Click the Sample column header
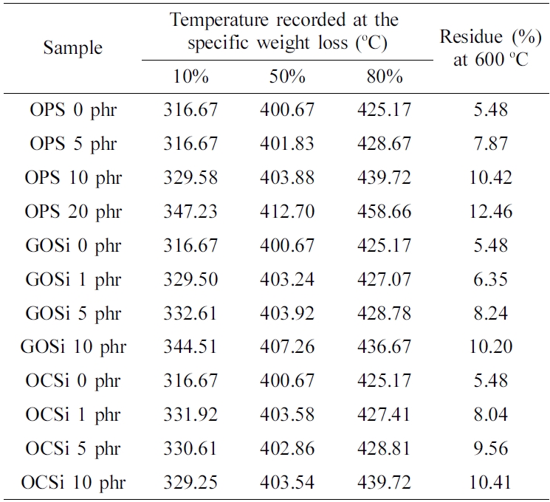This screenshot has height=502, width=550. click(x=73, y=49)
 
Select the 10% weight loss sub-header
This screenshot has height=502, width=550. click(x=190, y=77)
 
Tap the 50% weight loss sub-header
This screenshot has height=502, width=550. click(x=287, y=77)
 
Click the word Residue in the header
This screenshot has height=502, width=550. click(x=470, y=38)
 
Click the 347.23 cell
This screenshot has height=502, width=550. click(x=190, y=212)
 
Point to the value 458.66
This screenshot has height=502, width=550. click(x=383, y=212)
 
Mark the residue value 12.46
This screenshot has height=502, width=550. click(x=491, y=212)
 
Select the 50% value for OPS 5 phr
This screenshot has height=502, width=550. click(x=287, y=144)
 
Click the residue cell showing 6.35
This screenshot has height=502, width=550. click(x=491, y=280)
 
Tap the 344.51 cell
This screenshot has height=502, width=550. click(x=190, y=347)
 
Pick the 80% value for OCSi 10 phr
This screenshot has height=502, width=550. click(x=383, y=483)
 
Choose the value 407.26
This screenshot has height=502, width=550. click(x=287, y=347)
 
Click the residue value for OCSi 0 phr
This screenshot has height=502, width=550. click(x=491, y=381)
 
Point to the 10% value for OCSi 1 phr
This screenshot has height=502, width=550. click(x=190, y=415)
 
